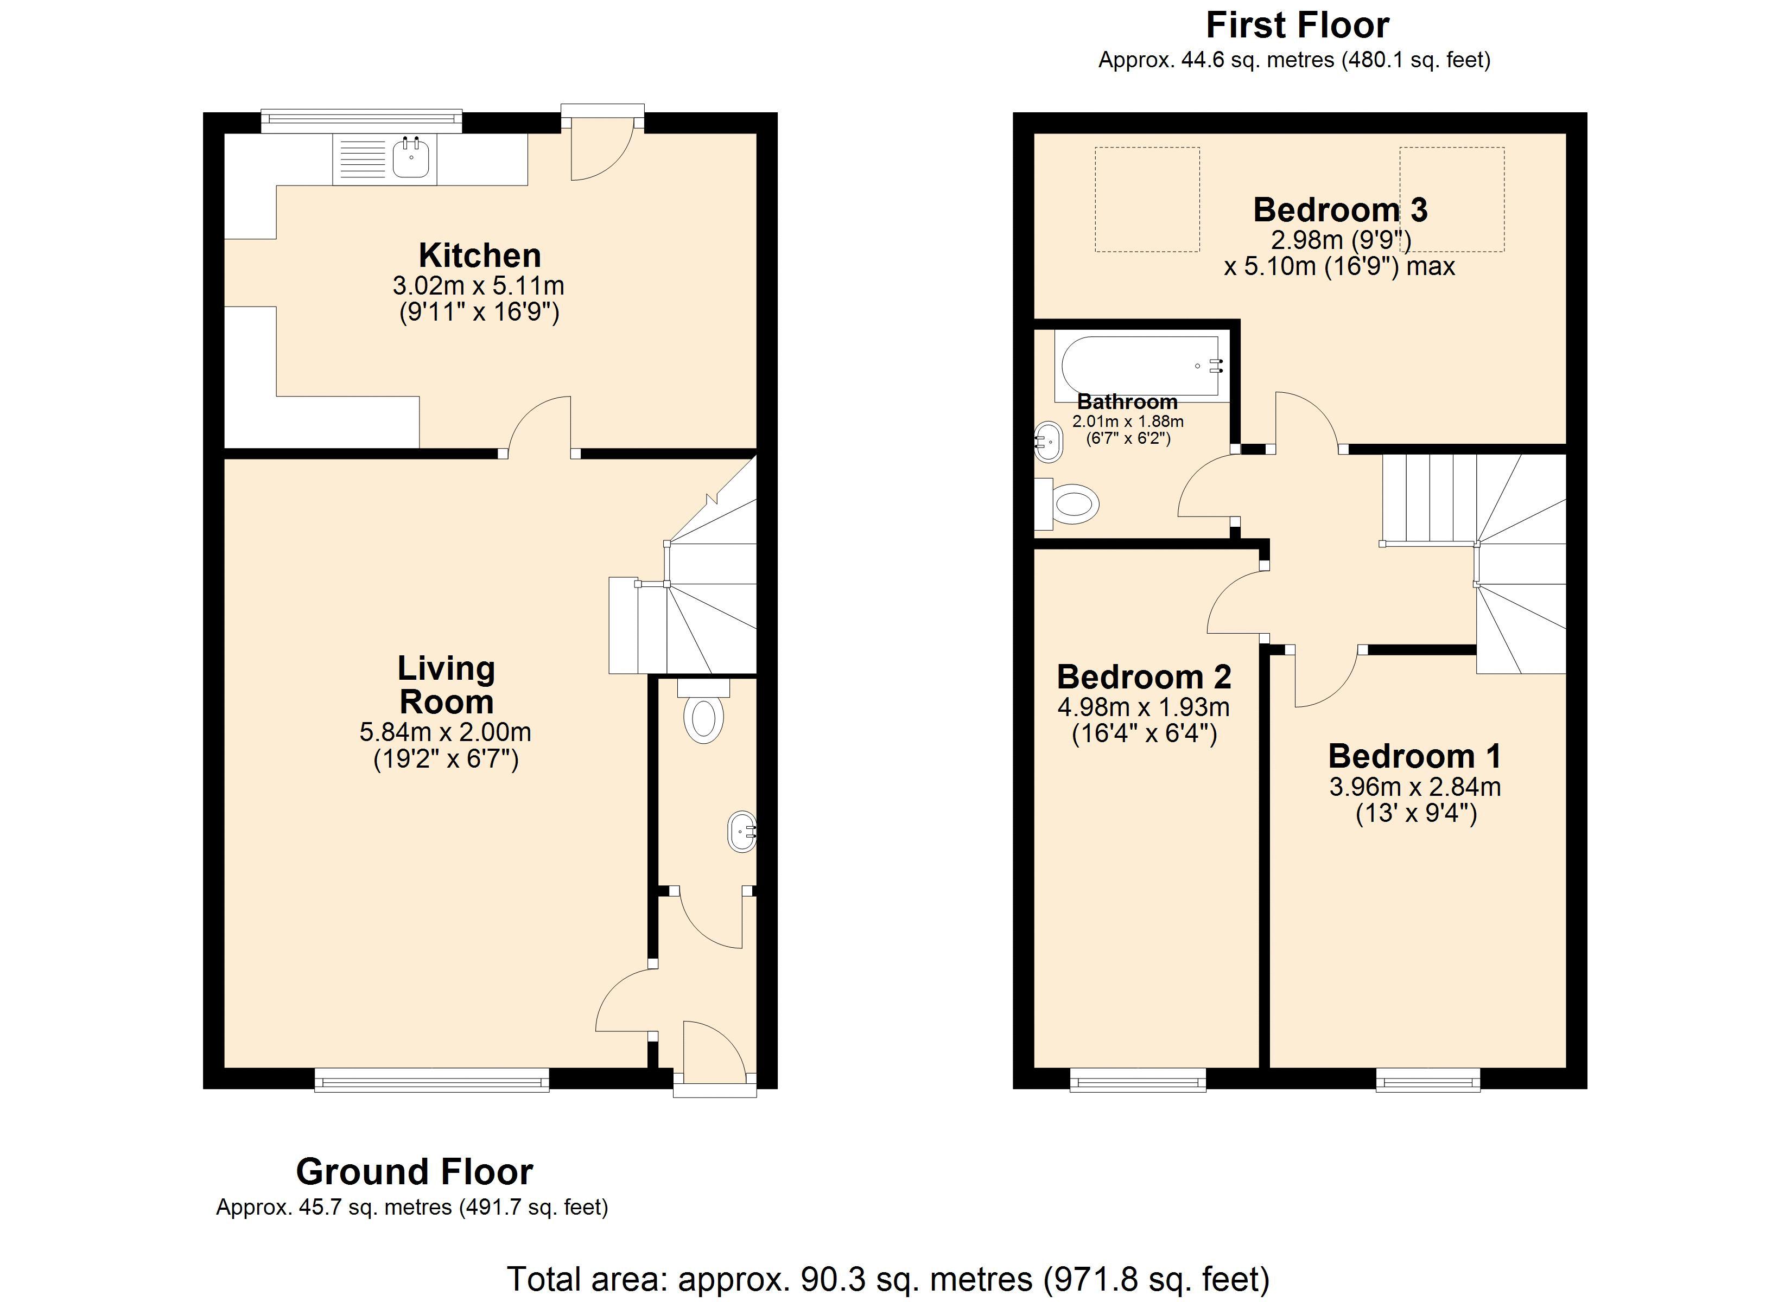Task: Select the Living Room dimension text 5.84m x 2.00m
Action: (446, 732)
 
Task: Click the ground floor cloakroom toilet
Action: (703, 716)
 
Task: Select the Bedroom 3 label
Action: (1340, 210)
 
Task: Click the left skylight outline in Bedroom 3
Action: (1147, 200)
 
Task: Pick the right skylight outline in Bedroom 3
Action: (1451, 200)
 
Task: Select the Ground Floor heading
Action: (415, 1172)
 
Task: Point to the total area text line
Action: (887, 1278)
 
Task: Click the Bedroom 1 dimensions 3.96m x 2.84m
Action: (1415, 787)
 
